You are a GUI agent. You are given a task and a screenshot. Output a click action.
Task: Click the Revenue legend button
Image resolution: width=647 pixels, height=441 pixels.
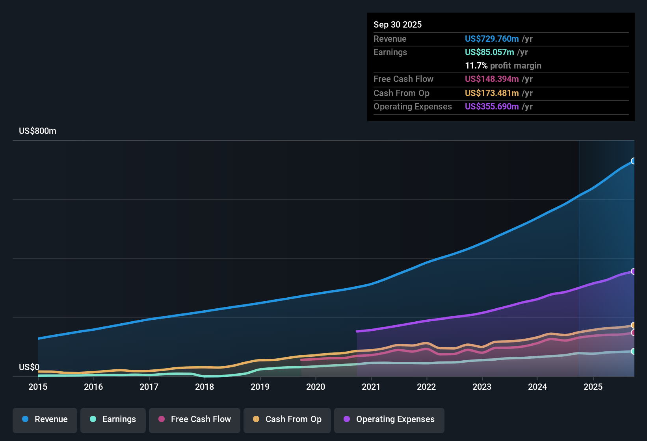pos(45,419)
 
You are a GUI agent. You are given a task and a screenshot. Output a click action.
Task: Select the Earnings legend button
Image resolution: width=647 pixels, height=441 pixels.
pos(113,419)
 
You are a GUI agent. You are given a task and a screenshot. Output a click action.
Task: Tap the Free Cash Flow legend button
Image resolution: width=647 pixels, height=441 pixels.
pos(195,419)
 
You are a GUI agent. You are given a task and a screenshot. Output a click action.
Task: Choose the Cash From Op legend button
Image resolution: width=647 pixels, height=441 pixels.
pos(287,419)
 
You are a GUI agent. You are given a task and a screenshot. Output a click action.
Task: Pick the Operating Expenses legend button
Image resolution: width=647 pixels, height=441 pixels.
pos(389,419)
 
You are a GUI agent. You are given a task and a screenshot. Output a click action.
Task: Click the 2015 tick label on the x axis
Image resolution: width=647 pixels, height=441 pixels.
pos(38,387)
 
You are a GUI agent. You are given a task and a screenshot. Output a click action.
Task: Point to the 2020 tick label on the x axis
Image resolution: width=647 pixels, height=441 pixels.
pos(316,387)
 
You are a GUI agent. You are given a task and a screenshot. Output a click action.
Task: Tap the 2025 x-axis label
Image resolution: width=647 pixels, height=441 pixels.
pos(593,387)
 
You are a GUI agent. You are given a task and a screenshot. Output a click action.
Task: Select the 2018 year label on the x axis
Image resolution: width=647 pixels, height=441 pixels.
pos(205,387)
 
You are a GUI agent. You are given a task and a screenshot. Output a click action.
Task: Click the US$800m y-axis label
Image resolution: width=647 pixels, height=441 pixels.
pos(37,131)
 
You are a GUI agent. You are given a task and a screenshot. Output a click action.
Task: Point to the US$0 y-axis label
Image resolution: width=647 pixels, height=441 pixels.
pos(29,367)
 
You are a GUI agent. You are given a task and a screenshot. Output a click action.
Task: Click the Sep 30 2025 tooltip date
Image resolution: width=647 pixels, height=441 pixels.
pos(398,24)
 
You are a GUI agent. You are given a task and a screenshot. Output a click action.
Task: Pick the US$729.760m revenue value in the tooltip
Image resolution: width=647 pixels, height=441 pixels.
pos(492,39)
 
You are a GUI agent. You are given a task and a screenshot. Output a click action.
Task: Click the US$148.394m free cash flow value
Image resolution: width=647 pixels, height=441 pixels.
pos(492,79)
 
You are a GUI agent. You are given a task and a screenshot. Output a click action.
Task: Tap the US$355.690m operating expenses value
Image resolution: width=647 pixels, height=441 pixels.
pos(492,106)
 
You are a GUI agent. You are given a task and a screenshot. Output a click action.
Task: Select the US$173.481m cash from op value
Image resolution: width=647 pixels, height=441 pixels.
pos(492,93)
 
